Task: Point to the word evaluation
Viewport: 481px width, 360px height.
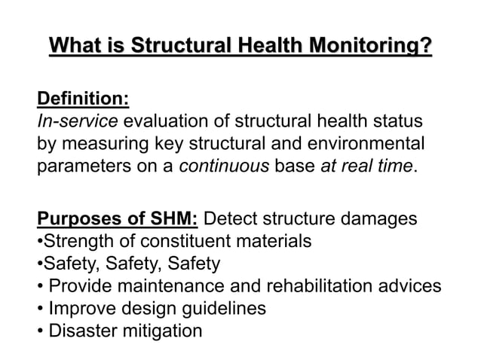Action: (163, 121)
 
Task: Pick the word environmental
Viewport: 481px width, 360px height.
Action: (368, 143)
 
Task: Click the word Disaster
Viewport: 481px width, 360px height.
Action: (78, 330)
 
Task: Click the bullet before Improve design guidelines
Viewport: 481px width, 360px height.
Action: (39, 308)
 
